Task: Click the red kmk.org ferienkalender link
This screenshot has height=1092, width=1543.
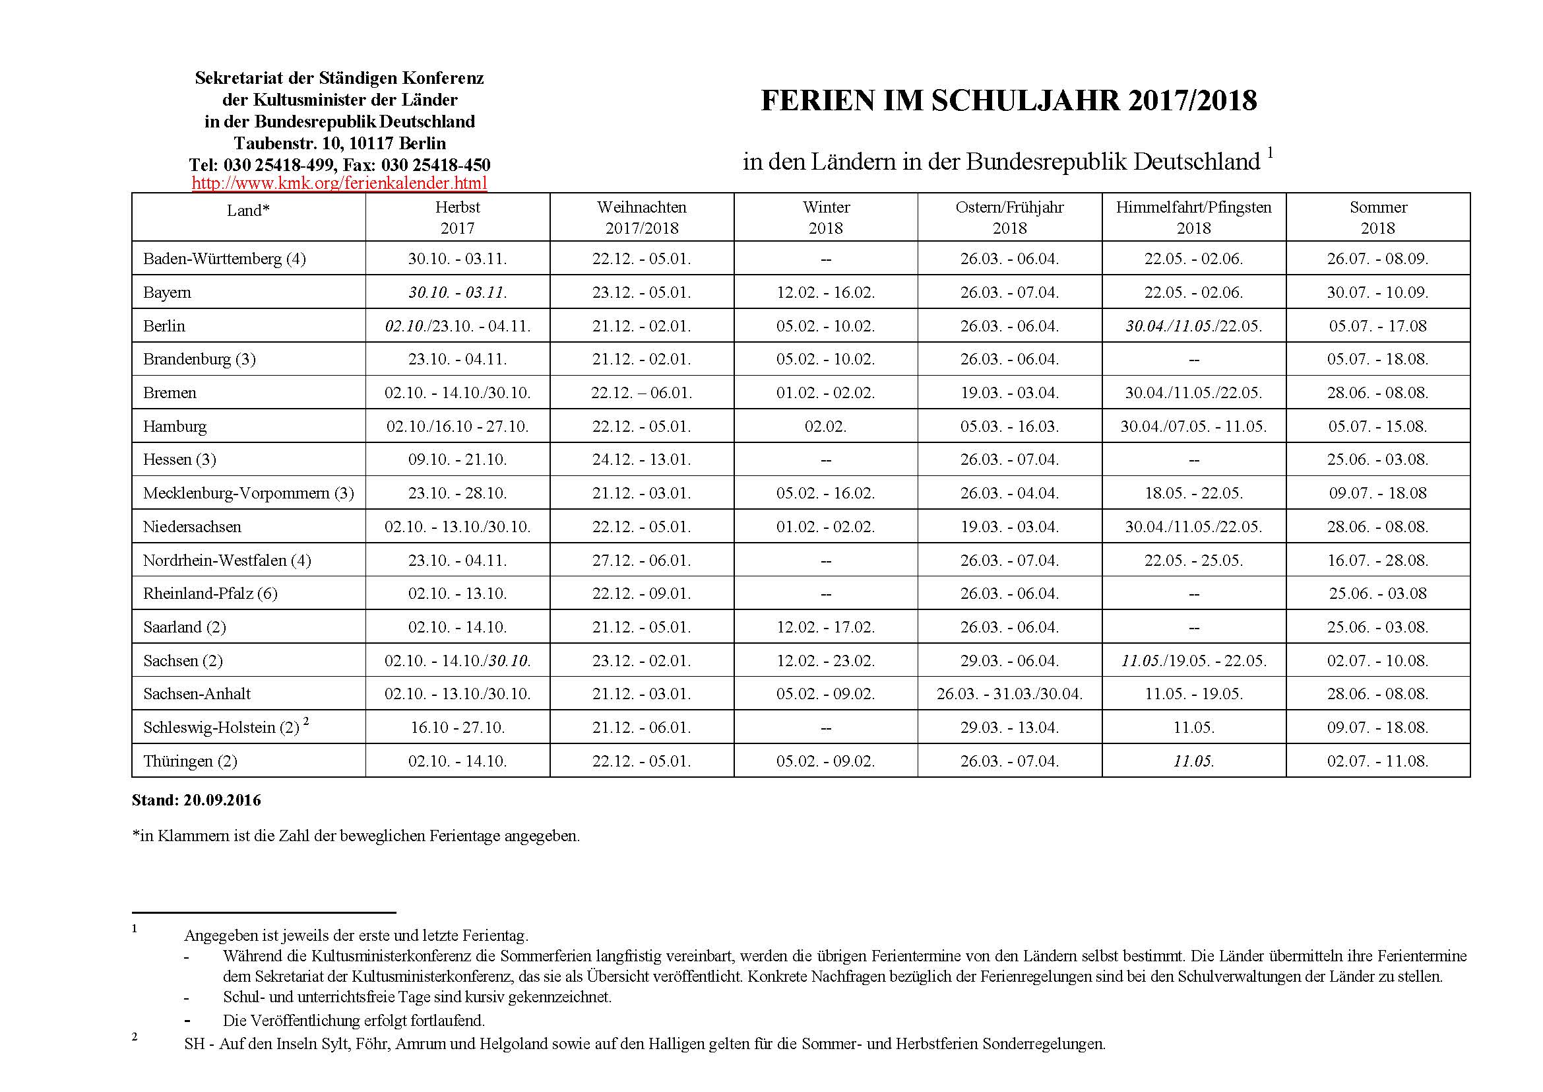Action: click(x=339, y=183)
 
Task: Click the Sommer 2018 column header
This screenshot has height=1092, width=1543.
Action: click(x=1377, y=217)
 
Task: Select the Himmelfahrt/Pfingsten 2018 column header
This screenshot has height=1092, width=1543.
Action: click(x=1193, y=217)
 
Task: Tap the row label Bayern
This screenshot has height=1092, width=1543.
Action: click(x=168, y=292)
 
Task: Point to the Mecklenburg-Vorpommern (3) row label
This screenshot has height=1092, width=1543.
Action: click(x=248, y=493)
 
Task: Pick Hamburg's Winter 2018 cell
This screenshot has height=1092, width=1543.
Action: click(x=825, y=427)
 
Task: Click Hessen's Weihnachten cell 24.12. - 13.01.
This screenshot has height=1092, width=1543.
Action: click(x=641, y=460)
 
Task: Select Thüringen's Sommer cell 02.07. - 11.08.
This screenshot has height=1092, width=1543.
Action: click(x=1377, y=761)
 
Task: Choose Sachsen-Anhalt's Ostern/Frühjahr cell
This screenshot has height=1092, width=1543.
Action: click(x=1009, y=694)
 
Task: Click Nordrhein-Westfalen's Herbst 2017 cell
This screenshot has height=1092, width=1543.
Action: click(x=458, y=560)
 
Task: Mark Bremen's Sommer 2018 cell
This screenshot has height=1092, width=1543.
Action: click(x=1377, y=393)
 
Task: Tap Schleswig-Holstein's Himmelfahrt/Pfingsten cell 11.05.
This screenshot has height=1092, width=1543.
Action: click(x=1193, y=728)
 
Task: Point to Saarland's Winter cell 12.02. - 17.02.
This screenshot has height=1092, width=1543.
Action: click(x=825, y=627)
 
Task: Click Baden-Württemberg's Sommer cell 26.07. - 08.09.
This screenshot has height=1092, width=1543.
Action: click(x=1377, y=259)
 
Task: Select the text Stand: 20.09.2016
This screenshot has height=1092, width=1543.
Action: click(x=196, y=800)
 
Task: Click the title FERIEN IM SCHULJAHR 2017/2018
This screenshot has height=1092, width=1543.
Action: click(x=1009, y=101)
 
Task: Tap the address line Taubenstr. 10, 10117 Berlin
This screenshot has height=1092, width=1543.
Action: click(x=339, y=143)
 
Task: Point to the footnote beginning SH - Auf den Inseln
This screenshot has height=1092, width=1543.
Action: click(x=645, y=1044)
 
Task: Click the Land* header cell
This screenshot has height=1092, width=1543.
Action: click(x=248, y=211)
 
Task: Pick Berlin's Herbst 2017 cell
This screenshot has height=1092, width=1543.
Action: click(x=458, y=326)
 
